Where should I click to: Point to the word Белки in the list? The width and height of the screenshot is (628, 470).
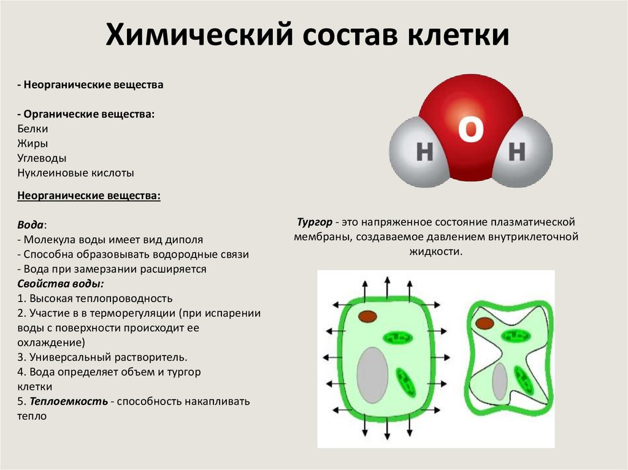coord(33,129)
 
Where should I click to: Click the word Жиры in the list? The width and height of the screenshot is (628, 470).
coord(33,143)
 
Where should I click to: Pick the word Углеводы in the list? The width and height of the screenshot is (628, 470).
coord(42,158)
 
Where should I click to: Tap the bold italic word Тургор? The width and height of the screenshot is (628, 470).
coord(314,221)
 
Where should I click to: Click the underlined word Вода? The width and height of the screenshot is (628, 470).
coord(31,225)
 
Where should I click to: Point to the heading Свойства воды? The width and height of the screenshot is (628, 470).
coord(60,284)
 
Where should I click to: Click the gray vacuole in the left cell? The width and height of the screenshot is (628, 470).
coord(372,375)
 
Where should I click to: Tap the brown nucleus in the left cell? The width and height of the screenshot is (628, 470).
coord(367,316)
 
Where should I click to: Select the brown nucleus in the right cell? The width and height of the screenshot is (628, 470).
coord(484,323)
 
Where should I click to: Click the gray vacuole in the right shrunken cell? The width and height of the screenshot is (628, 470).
coord(500,381)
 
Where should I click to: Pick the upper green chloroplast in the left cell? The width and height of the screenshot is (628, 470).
coord(399,338)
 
